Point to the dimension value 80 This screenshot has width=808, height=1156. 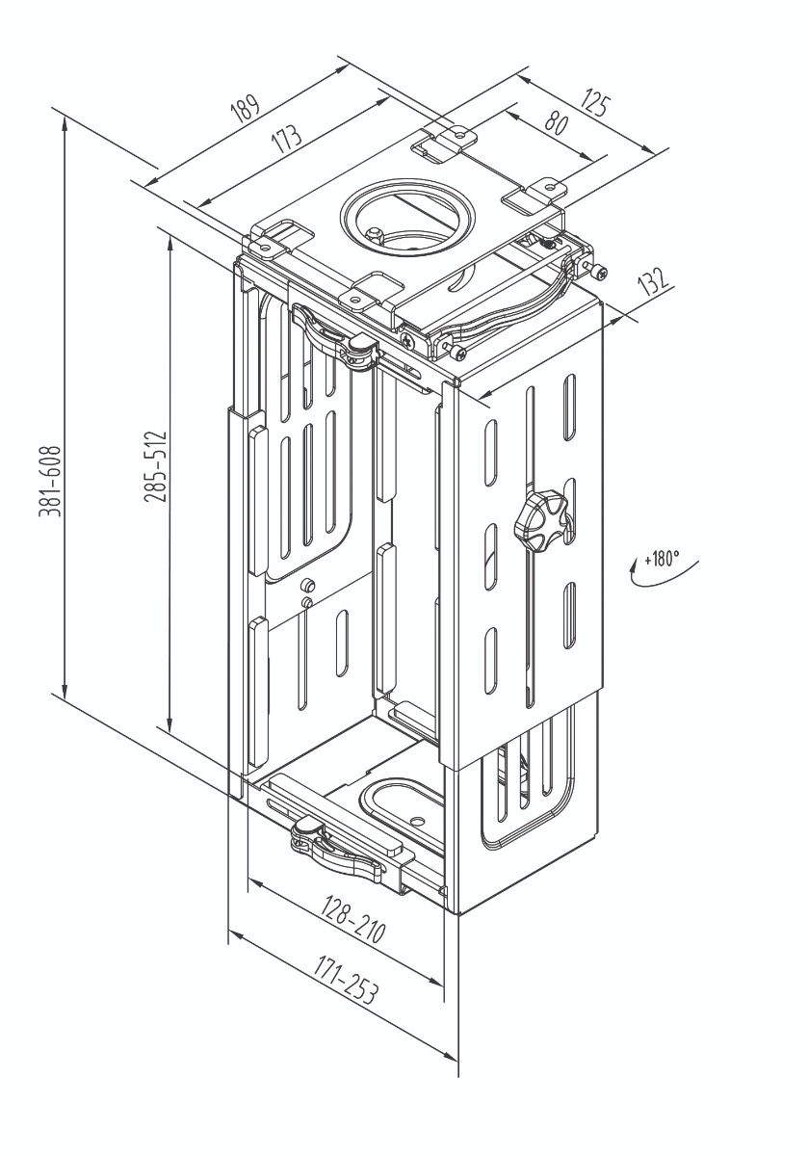[556, 123]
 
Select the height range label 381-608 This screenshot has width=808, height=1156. [49, 482]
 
